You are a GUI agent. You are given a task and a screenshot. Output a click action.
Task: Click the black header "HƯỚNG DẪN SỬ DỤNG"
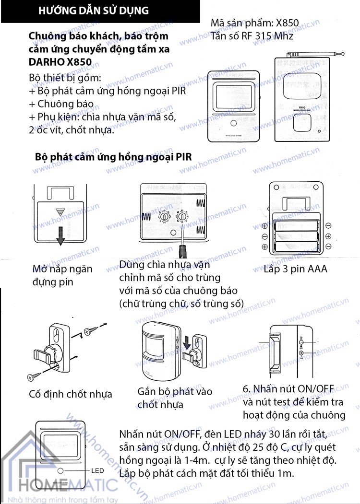tap(94, 11)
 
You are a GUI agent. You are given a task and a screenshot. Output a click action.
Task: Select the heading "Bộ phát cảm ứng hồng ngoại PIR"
tap(113, 157)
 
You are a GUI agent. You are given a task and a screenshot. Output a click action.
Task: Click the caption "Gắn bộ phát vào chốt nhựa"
tap(175, 398)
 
